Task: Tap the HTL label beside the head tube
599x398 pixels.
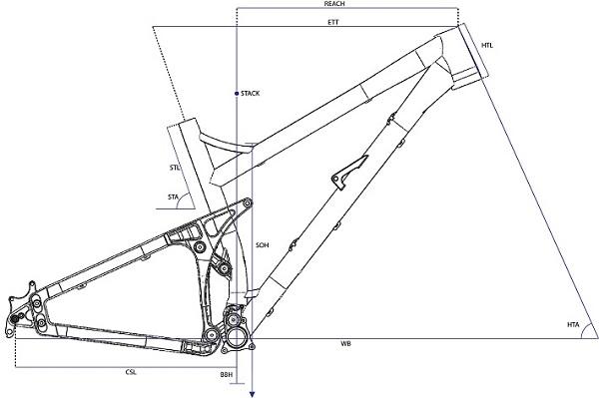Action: click(487, 45)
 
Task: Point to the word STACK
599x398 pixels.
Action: click(249, 94)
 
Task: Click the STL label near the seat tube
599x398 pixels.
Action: click(175, 169)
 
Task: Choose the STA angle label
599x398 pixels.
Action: click(174, 197)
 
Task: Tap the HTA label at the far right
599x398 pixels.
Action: click(572, 324)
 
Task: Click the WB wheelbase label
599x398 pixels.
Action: click(345, 344)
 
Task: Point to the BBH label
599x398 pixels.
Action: click(226, 374)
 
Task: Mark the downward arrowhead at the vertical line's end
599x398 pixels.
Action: click(252, 392)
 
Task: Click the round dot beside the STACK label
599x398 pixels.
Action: click(234, 94)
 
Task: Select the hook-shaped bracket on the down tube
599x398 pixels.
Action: click(344, 172)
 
